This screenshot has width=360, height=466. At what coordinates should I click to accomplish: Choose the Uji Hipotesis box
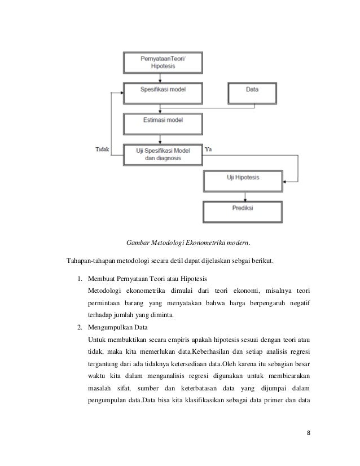[244, 181]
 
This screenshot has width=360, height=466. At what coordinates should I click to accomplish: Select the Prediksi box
[244, 209]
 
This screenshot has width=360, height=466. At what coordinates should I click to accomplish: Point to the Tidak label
[100, 150]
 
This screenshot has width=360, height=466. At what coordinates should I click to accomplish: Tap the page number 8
[309, 434]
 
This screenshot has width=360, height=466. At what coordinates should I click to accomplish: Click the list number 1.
[80, 279]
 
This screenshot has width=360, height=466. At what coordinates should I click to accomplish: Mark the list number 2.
[80, 327]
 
